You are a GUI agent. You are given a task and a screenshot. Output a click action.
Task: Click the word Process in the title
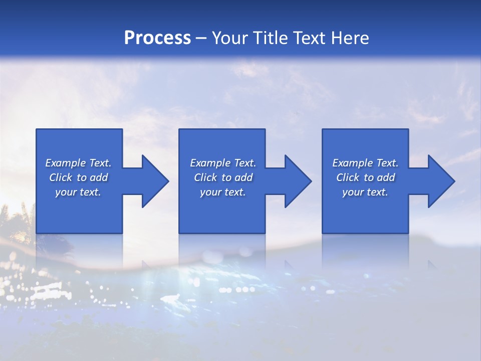[x=157, y=38]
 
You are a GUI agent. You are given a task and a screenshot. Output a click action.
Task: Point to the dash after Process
[x=201, y=39]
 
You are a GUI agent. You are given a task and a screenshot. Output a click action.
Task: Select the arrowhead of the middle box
[x=299, y=181]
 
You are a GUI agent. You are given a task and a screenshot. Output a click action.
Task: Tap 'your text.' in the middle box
[x=222, y=192]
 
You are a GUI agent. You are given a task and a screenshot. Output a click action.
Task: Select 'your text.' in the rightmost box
[x=365, y=192]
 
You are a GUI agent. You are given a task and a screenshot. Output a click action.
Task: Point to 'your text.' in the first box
[x=78, y=192]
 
